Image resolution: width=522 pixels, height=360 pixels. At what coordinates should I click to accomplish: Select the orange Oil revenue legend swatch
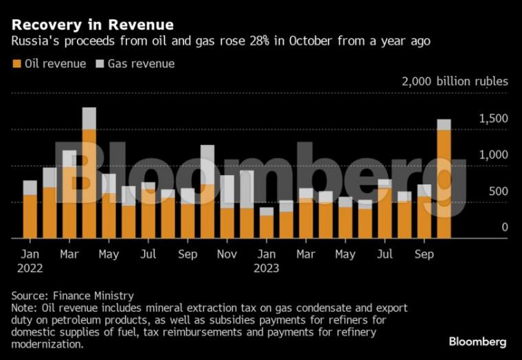(16, 64)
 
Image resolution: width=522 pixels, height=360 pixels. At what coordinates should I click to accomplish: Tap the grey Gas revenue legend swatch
(100, 64)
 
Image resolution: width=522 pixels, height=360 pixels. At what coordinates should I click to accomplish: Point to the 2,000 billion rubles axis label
(455, 82)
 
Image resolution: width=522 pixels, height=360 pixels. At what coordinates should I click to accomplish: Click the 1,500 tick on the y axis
(493, 119)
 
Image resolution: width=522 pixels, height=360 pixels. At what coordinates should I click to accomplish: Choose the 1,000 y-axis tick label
(493, 155)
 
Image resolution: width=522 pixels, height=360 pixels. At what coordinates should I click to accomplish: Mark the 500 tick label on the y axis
(497, 191)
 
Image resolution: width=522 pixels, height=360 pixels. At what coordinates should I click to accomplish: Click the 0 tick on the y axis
(504, 227)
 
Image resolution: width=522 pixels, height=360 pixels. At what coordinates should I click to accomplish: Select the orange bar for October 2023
(444, 183)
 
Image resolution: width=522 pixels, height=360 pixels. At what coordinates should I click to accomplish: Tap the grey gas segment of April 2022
(89, 118)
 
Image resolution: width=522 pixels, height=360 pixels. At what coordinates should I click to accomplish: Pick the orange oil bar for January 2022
(30, 216)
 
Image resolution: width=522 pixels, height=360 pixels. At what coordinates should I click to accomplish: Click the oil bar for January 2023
(266, 227)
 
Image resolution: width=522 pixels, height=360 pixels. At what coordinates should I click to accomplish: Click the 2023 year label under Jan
(266, 269)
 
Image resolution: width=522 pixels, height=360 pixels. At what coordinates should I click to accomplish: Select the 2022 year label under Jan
(30, 269)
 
